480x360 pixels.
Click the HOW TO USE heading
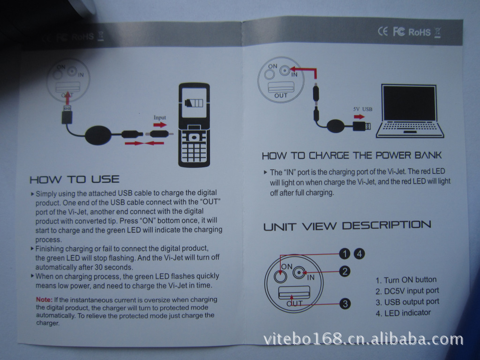click(x=75, y=180)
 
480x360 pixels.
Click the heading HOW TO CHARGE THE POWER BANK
click(x=352, y=156)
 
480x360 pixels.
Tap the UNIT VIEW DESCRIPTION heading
click(x=347, y=226)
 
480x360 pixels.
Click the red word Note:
click(x=44, y=300)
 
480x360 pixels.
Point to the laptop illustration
click(x=410, y=111)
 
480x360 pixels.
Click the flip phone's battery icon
click(x=194, y=103)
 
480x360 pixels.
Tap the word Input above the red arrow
click(x=159, y=118)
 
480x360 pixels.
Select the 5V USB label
click(x=363, y=109)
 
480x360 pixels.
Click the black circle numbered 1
click(x=345, y=254)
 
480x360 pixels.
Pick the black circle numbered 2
click(x=345, y=271)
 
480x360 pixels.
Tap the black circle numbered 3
click(x=345, y=304)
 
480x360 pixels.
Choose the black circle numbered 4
click(x=359, y=254)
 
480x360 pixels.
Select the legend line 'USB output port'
click(x=407, y=302)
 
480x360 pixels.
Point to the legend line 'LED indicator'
click(x=403, y=313)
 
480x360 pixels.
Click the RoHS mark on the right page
click(x=420, y=32)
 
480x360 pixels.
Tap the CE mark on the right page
click(x=382, y=31)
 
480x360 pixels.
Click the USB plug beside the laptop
click(x=361, y=126)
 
